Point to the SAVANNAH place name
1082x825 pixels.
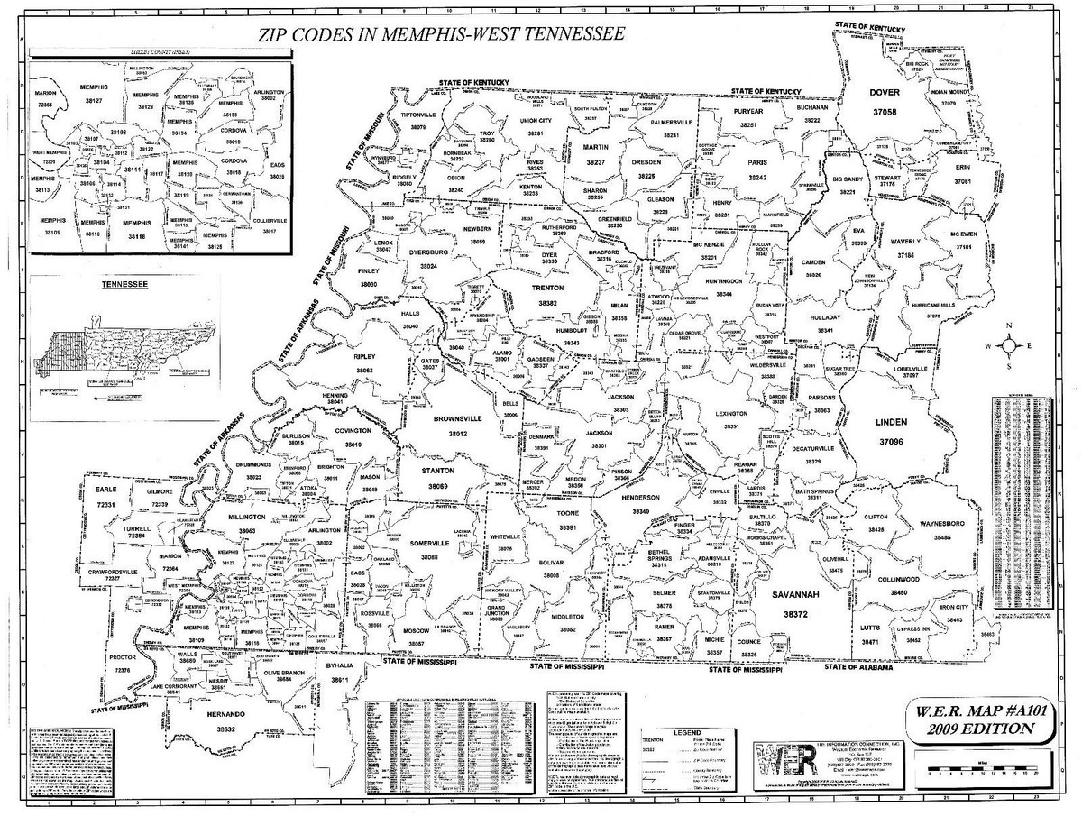coord(793,595)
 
